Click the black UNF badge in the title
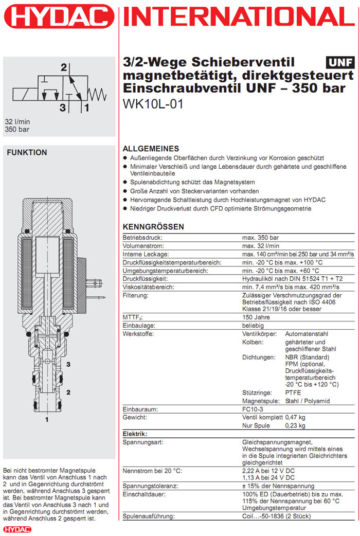click(x=340, y=63)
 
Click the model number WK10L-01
click(x=153, y=103)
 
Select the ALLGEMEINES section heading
click(x=151, y=148)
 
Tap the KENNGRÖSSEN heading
click(x=153, y=227)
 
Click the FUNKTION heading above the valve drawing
click(x=27, y=152)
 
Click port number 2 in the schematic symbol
click(x=64, y=67)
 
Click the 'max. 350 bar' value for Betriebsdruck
click(x=260, y=238)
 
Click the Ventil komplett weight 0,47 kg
click(x=295, y=417)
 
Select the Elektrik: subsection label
click(x=135, y=434)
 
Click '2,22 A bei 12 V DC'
click(x=268, y=471)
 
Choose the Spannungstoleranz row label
click(x=150, y=486)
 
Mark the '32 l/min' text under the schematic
click(x=16, y=122)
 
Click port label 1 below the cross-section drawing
click(x=47, y=420)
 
